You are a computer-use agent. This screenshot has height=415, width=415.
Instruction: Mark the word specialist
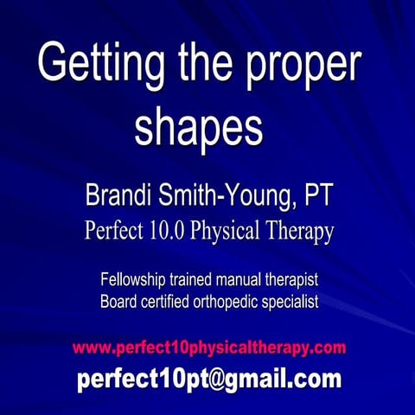(x=290, y=303)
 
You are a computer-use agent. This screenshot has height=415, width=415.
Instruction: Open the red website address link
(x=208, y=348)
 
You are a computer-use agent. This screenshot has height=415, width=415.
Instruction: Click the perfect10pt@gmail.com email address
(x=208, y=380)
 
